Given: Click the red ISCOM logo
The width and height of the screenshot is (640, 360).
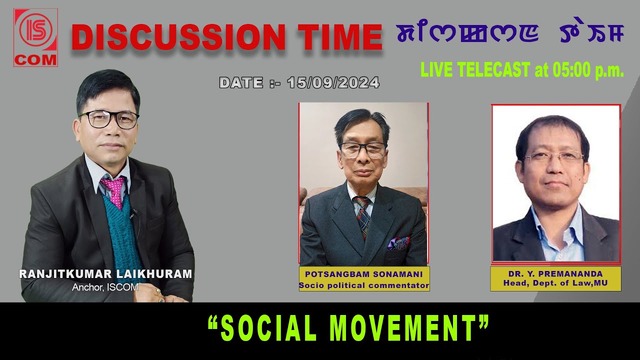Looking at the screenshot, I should click(x=36, y=37).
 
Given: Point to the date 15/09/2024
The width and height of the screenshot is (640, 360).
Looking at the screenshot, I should click(x=333, y=82).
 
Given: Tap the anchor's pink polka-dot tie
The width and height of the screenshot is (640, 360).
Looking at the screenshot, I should click(x=113, y=190).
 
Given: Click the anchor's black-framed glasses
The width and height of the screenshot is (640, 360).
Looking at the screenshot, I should click(x=108, y=119).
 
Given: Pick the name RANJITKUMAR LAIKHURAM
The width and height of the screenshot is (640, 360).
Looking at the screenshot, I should click(x=105, y=274).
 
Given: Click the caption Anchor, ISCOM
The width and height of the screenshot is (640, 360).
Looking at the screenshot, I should click(x=105, y=287).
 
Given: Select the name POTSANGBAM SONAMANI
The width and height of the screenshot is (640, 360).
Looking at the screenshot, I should click(x=364, y=274).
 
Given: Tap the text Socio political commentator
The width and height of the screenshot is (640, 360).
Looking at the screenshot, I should click(x=364, y=285).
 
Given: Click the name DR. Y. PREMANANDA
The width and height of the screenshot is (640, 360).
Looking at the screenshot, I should click(x=555, y=274).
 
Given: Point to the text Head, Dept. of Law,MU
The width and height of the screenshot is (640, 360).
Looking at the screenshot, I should click(x=555, y=284).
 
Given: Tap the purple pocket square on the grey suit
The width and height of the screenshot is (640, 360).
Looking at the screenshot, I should click(x=398, y=243).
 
